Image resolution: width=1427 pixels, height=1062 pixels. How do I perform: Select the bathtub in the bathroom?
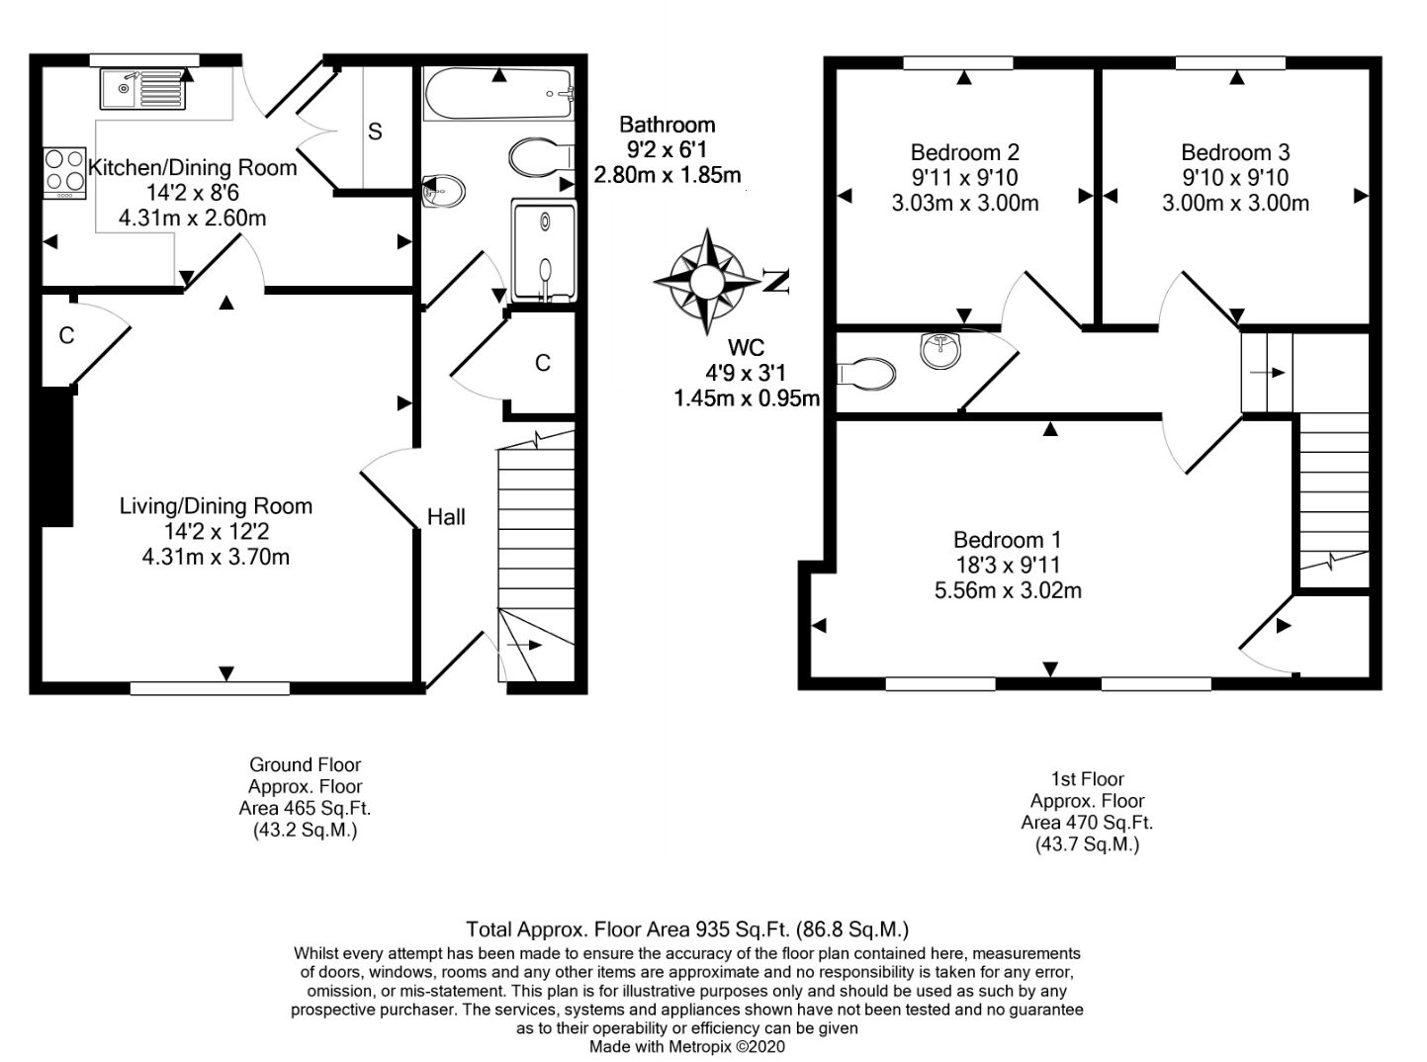point(498,94)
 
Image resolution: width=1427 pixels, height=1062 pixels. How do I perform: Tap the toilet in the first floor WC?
point(866,374)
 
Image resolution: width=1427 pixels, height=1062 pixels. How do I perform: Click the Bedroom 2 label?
point(964,152)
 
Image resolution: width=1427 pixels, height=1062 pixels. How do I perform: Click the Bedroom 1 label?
point(1007,540)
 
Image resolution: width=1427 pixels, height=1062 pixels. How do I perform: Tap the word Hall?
point(446,517)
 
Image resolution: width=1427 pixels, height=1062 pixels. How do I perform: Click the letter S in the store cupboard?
point(375,132)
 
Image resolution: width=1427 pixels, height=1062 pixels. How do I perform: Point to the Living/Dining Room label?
point(216,506)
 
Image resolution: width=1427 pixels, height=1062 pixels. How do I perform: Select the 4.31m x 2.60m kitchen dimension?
point(192,219)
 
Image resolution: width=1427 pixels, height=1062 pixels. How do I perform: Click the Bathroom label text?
point(667,125)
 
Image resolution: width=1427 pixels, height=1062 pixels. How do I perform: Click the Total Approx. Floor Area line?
point(687,929)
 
